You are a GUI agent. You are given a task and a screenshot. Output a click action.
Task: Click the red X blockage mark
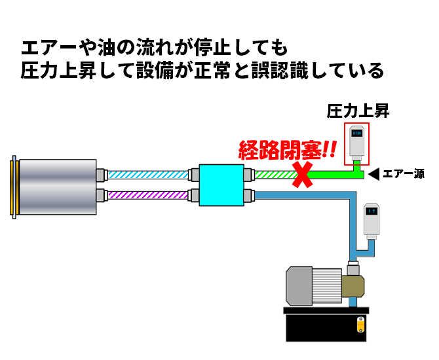(302, 175)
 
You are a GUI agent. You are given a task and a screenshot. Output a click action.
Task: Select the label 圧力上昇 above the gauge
(358, 111)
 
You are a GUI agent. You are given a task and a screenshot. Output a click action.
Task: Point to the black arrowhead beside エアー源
(373, 174)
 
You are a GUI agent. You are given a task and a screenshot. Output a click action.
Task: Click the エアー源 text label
(403, 174)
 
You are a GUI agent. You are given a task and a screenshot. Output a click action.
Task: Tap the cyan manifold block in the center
(220, 185)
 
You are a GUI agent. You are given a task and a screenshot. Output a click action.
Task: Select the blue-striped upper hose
(147, 175)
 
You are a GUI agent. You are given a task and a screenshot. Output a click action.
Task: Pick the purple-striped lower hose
(147, 195)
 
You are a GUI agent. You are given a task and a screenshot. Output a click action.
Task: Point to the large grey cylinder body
(59, 185)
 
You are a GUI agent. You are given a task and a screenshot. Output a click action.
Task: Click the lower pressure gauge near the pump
(370, 221)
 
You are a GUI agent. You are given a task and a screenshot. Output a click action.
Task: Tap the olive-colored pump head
(351, 285)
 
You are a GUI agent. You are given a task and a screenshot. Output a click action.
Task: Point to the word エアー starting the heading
(45, 48)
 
